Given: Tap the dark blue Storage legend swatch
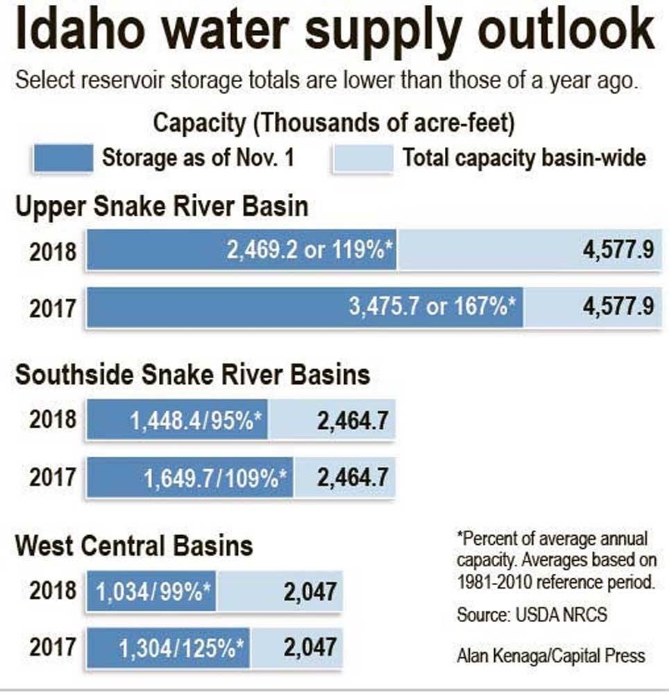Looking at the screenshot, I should [62, 158].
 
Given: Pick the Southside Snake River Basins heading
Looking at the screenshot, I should [192, 375].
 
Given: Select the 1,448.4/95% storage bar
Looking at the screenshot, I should [178, 420].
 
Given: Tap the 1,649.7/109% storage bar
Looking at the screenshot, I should [190, 477].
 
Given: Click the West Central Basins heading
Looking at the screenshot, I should [134, 545].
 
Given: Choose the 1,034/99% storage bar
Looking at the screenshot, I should [151, 592].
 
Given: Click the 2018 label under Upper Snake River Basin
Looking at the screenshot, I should [53, 251].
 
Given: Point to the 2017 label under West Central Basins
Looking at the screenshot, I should [53, 648].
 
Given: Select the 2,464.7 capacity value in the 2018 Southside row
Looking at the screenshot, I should [352, 420].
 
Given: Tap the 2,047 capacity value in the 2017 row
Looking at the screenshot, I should [310, 648].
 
